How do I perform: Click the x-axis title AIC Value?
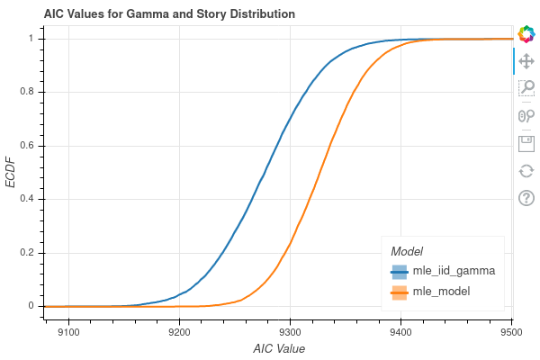point(279,348)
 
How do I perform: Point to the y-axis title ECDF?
point(12,172)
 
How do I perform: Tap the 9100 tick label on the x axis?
point(69,331)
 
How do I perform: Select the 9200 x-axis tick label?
point(180,331)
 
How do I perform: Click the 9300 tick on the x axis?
point(290,331)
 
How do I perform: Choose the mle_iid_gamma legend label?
point(454,271)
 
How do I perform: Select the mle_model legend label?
point(441,292)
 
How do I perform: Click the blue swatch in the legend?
point(399,271)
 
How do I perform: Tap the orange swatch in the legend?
point(399,292)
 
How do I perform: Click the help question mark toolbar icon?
point(527,198)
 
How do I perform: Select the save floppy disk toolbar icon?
point(527,143)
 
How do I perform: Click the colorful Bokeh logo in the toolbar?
point(527,34)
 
